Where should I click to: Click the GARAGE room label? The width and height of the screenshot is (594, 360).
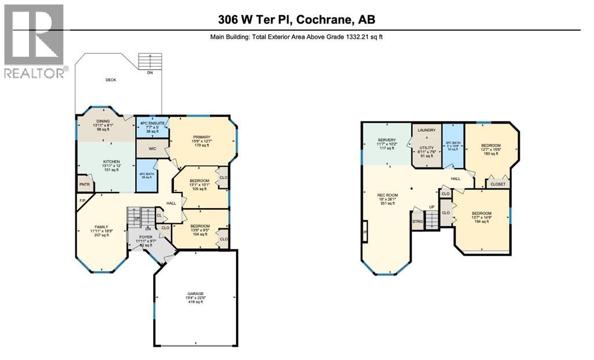(x=195, y=293)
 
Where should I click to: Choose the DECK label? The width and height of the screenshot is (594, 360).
(x=111, y=81)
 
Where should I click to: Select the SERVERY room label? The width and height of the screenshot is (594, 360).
(x=387, y=140)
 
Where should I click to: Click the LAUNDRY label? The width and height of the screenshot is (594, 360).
(x=426, y=130)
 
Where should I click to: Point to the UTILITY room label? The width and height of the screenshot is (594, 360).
(x=426, y=148)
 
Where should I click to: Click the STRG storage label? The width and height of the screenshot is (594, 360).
(x=417, y=221)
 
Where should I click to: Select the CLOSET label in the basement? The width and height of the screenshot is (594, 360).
(x=498, y=184)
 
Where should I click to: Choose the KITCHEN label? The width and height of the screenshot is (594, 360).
(x=111, y=162)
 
